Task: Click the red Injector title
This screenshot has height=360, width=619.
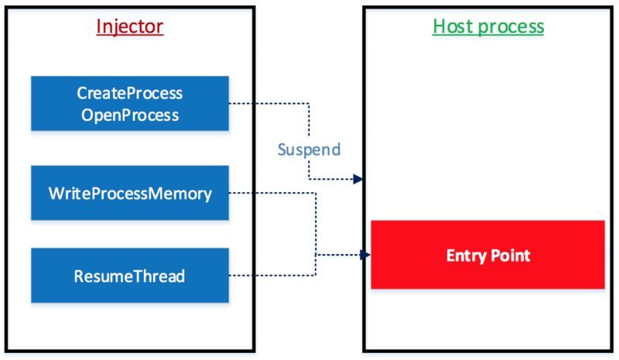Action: pos(130,27)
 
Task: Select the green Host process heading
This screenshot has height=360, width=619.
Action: pos(488,26)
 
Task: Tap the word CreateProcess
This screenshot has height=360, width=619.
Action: pos(130,93)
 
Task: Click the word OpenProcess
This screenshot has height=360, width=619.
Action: pos(130,115)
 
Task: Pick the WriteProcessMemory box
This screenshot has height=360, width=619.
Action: pos(130,193)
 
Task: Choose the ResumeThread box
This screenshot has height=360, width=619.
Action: pos(130,276)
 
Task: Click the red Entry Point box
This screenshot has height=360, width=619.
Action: pos(488,255)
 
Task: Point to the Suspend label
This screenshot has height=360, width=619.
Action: pos(309,149)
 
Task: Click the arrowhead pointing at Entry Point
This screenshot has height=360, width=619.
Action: pos(365,255)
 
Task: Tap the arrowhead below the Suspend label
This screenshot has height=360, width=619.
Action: pos(358,179)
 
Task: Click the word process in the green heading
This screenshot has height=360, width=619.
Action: pos(511,27)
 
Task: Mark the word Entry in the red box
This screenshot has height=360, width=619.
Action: pos(463,255)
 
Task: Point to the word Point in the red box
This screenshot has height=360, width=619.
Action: pos(509,255)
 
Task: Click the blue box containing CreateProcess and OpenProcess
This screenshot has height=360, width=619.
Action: pos(130,104)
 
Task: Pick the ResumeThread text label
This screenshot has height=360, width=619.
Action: pos(129,276)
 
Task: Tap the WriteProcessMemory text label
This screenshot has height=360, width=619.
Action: pos(130,194)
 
